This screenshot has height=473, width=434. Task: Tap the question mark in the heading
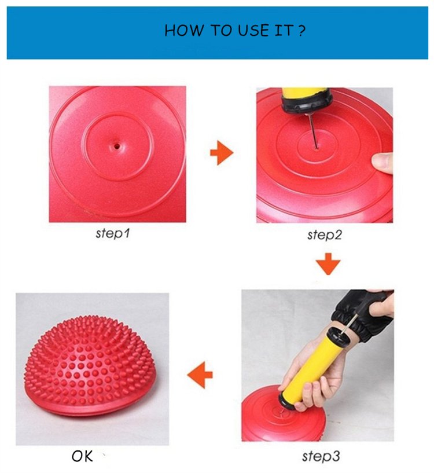point(301,31)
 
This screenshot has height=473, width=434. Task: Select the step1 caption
point(112,233)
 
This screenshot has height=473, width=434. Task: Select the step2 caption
point(325,234)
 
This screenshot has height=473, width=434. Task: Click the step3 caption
point(321,456)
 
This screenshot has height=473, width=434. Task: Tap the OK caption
point(82,456)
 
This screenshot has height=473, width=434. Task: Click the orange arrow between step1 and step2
point(222,153)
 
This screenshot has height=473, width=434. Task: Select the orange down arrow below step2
point(328,264)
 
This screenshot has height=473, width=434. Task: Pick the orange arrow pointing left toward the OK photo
point(200,375)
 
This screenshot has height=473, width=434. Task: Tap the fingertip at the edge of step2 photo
point(382,163)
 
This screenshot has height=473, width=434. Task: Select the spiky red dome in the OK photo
point(91,365)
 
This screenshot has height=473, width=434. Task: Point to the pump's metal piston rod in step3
point(350,324)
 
